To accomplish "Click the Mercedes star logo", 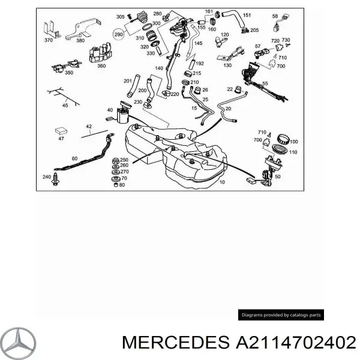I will pyautogui.click(x=18, y=343).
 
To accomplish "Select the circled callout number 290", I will pyautogui.click(x=119, y=35).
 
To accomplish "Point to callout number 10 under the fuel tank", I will pyautogui.click(x=222, y=181).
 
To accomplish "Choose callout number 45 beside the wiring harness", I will pyautogui.click(x=65, y=106).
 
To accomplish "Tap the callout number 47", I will pyautogui.click(x=61, y=139).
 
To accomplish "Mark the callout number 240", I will pyautogui.click(x=46, y=177).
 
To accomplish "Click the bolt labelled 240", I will pyautogui.click(x=56, y=177).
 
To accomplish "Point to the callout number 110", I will pyautogui.click(x=293, y=153).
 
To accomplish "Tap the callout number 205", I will pyautogui.click(x=254, y=30).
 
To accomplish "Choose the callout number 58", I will pyautogui.click(x=275, y=17).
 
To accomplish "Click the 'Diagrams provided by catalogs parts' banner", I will pyautogui.click(x=281, y=315).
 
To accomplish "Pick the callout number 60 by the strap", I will pyautogui.click(x=74, y=158).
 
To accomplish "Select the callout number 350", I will pyautogui.click(x=69, y=73).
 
